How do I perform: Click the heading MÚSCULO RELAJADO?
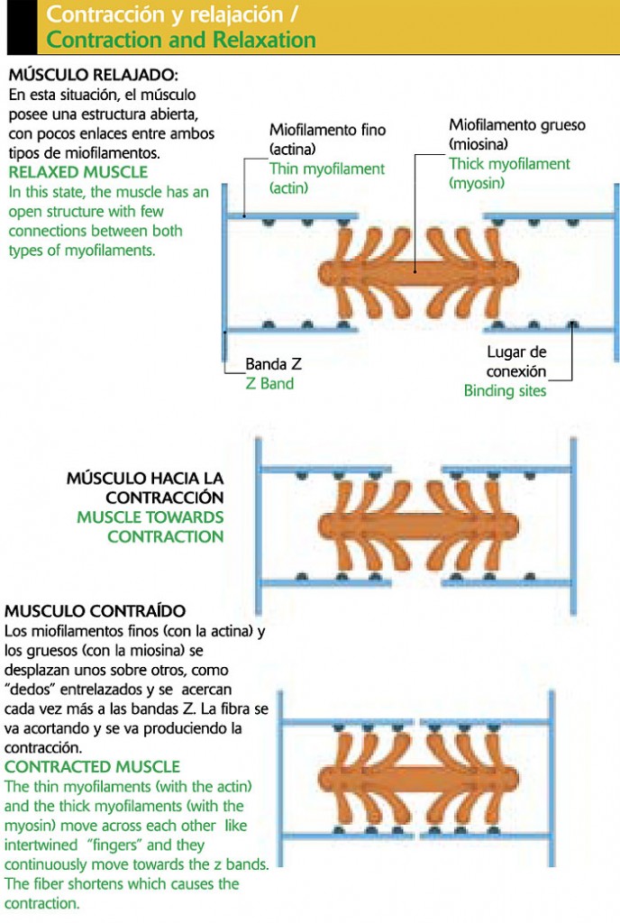tap(94, 74)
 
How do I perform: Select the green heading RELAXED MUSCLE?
tap(78, 172)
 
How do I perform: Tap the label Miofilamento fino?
tap(327, 130)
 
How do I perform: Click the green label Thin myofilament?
tap(327, 169)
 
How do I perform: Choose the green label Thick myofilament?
tap(509, 164)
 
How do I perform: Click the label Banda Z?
tap(273, 365)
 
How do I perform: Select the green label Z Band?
tap(269, 384)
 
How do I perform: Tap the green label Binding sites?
tap(505, 391)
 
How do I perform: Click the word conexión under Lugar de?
tap(516, 371)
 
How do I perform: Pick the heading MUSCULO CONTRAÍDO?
tap(95, 612)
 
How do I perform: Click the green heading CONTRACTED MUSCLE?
tap(93, 767)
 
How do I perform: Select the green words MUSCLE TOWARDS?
tap(150, 517)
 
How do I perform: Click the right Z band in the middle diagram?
tap(573, 525)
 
